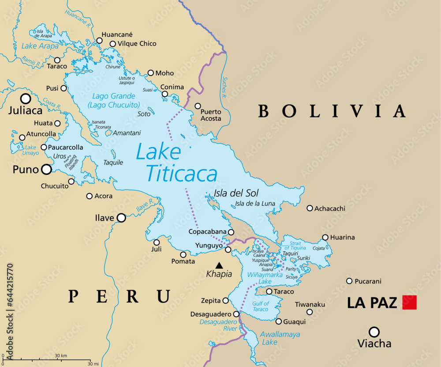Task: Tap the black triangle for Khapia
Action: pyautogui.click(x=219, y=265)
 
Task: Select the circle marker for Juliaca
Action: pyautogui.click(x=26, y=98)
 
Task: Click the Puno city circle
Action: pyautogui.click(x=46, y=169)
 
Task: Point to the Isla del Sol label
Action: pyautogui.click(x=236, y=193)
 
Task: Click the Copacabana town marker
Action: pyautogui.click(x=231, y=232)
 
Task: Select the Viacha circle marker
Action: pyautogui.click(x=374, y=332)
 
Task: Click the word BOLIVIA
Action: pyautogui.click(x=332, y=111)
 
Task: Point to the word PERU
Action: pyautogui.click(x=120, y=296)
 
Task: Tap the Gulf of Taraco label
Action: pyautogui.click(x=260, y=306)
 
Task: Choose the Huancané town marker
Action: pyautogui.click(x=99, y=41)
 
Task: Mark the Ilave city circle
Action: pyautogui.click(x=121, y=218)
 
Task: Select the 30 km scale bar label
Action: pyautogui.click(x=60, y=356)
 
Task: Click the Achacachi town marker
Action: pyautogui.click(x=310, y=208)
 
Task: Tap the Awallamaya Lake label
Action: pyautogui.click(x=280, y=338)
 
